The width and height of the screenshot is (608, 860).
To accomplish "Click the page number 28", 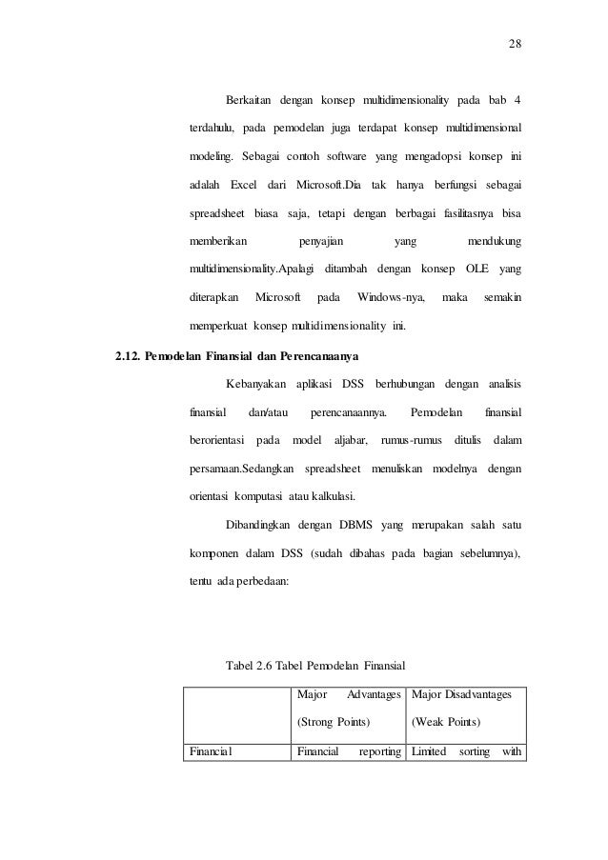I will pyautogui.click(x=515, y=45).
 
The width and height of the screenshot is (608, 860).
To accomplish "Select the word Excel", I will pyautogui.click(x=245, y=182).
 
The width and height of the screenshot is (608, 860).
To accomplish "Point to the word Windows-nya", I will pyautogui.click(x=391, y=298).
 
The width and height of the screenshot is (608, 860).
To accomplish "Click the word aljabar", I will pyautogui.click(x=350, y=441).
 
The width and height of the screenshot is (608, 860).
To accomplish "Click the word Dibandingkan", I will pyautogui.click(x=260, y=524).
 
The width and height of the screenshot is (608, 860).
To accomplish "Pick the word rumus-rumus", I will pyautogui.click(x=409, y=441).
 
